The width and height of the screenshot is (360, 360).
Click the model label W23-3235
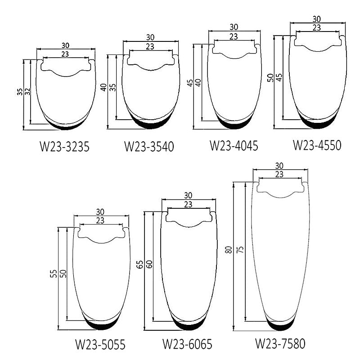click(64, 147)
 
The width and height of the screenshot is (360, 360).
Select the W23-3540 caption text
click(149, 147)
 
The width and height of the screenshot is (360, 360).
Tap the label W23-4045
click(234, 145)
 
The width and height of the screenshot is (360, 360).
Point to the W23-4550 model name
click(317, 145)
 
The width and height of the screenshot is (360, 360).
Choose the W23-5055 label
click(100, 344)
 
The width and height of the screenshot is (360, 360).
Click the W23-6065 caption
click(187, 344)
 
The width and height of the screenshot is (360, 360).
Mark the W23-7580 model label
click(280, 343)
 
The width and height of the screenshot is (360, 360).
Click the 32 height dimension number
click(27, 92)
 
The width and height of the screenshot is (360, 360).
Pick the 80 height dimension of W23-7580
click(229, 250)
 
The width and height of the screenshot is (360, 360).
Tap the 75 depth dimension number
click(240, 250)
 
